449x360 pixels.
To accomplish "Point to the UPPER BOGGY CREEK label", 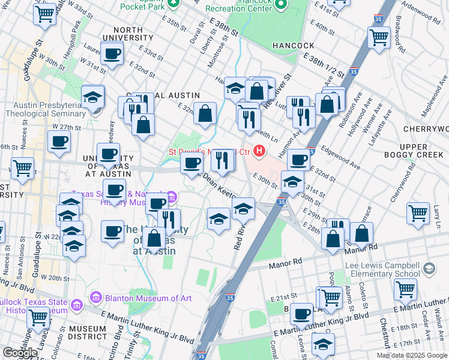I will pyautogui.click(x=423, y=151).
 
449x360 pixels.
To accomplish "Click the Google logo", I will pyautogui.click(x=20, y=353).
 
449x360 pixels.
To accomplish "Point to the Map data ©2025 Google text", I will pyautogui.click(x=412, y=355).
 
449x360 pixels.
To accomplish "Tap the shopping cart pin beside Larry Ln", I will pyautogui.click(x=418, y=212).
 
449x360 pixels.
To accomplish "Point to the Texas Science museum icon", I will pyautogui.click(x=172, y=196).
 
